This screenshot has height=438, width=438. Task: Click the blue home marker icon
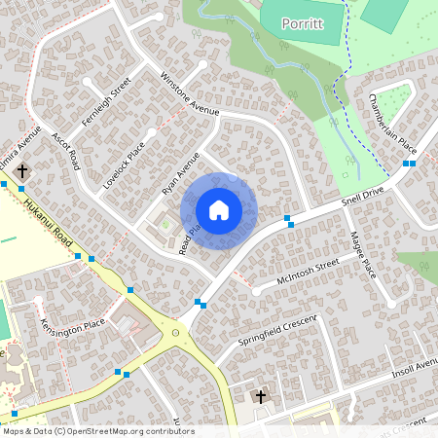click(x=219, y=209)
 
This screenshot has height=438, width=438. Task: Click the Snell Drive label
click(x=364, y=200)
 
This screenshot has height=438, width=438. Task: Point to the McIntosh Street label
click(x=307, y=271)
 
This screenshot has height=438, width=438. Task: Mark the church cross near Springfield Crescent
click(x=260, y=396)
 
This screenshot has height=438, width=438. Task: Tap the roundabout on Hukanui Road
click(x=177, y=333)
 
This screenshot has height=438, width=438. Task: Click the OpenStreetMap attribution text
click(x=97, y=430)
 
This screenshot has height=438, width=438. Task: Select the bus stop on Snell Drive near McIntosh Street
click(x=289, y=220)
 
